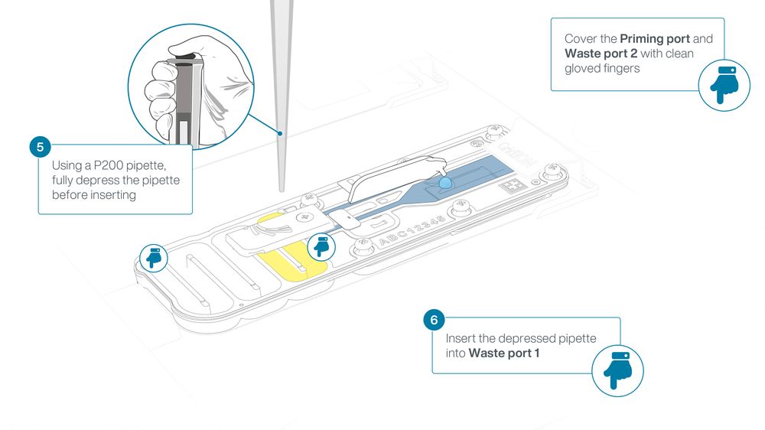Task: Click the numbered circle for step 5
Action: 40,146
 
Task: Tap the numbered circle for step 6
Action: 434,320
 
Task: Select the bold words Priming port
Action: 655,39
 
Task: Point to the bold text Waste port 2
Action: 601,54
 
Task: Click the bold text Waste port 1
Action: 504,353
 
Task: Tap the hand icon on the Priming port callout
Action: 724,85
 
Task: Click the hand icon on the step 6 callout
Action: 617,370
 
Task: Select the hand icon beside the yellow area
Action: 321,246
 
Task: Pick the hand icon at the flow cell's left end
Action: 154,258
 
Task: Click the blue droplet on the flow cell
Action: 445,183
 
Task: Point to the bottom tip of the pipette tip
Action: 282,191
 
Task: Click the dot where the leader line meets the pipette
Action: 280,133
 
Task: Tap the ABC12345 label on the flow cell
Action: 412,230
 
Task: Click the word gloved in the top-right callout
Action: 581,68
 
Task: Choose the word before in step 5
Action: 69,195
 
